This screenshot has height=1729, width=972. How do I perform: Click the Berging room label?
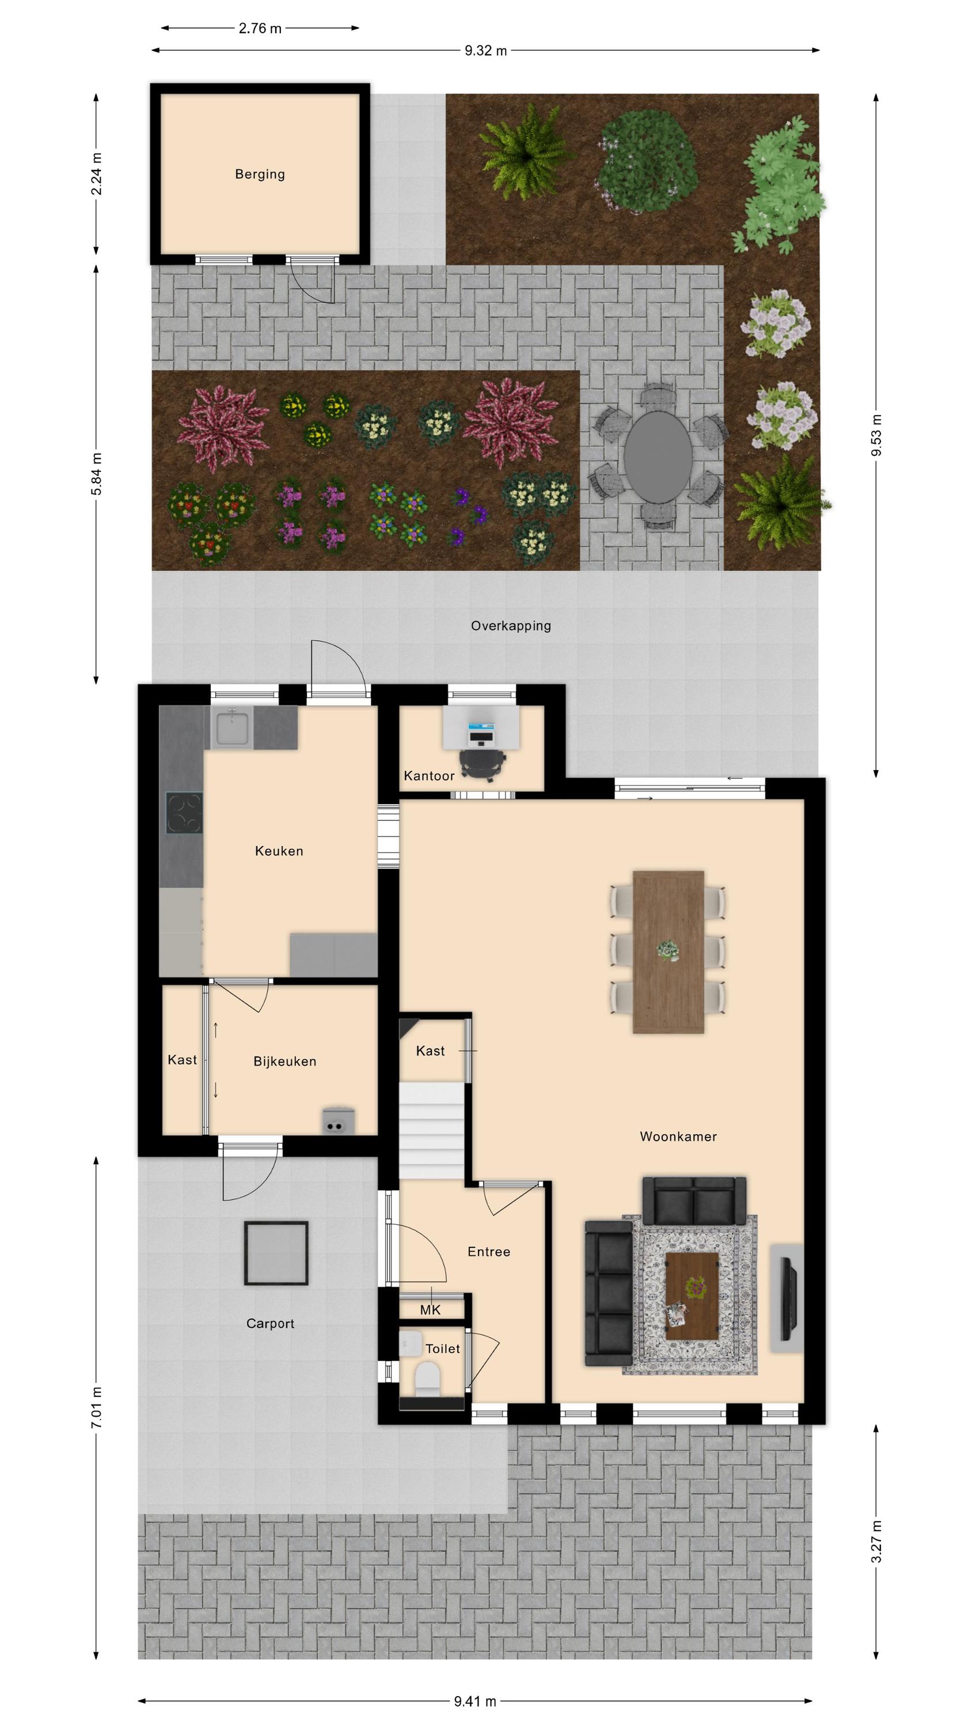click(260, 175)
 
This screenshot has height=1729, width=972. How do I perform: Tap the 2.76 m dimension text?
click(260, 28)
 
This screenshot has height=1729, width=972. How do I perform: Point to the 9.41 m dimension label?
click(475, 1701)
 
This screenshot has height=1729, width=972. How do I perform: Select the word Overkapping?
click(511, 625)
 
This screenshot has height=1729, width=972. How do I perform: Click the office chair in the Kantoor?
click(483, 765)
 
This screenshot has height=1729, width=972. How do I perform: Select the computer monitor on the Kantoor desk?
click(481, 729)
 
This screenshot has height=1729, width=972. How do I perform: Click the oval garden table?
click(658, 456)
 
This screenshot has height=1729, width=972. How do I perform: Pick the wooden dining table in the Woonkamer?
click(668, 952)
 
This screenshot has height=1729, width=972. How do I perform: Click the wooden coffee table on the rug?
click(692, 1296)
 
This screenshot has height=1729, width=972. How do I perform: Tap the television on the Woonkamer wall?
click(789, 1297)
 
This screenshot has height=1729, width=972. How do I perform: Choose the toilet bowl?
click(427, 1377)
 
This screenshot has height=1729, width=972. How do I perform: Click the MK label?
click(430, 1309)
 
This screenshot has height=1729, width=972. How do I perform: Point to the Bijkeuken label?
click(284, 1061)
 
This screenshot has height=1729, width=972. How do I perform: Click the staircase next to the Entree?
click(432, 1130)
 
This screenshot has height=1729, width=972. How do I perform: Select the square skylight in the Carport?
click(276, 1252)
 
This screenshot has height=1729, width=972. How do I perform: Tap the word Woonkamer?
click(678, 1137)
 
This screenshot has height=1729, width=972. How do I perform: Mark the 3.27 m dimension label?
click(876, 1542)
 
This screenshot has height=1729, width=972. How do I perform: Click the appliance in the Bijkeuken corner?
click(338, 1120)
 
